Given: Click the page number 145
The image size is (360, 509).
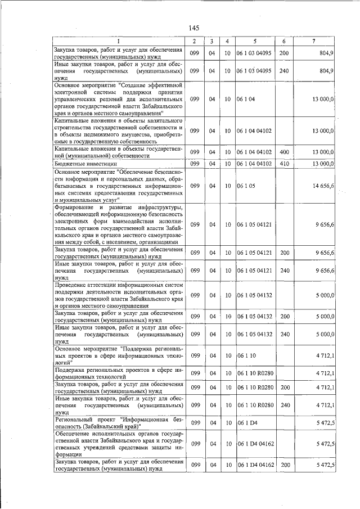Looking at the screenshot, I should tap(194, 28).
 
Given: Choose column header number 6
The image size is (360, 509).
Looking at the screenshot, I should tap(284, 42).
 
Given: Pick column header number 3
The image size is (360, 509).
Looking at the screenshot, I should tap(211, 42).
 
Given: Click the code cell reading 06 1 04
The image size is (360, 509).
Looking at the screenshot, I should tap(246, 98).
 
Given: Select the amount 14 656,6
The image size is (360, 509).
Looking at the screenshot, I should tap(324, 185).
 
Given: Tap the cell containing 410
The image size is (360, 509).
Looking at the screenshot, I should tap(283, 164).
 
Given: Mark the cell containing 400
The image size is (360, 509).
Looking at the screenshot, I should tap(283, 152).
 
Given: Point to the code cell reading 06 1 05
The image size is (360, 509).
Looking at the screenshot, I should tap(246, 185).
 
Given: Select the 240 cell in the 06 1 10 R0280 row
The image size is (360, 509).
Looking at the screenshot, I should tap(283, 404).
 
